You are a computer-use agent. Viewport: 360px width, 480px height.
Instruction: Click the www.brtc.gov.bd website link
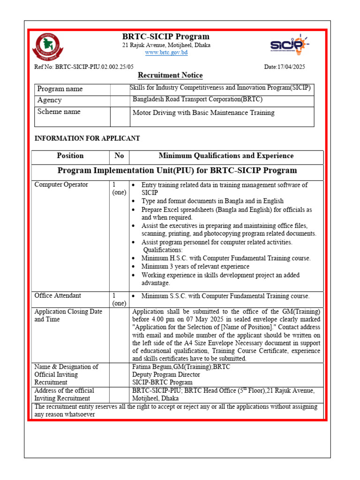[166, 53]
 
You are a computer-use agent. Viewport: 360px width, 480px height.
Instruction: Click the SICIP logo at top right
[289, 45]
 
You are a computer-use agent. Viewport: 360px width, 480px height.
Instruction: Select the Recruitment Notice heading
[170, 75]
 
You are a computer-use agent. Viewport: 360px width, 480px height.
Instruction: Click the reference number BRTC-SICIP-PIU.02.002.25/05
[84, 67]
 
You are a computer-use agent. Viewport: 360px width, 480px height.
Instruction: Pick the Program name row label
[60, 89]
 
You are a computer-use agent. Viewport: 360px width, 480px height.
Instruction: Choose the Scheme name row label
[59, 112]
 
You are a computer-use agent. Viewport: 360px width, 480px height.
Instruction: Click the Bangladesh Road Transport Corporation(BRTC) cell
[197, 99]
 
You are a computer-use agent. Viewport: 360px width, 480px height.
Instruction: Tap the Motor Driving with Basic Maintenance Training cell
[203, 113]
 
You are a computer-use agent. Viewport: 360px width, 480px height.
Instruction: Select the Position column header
[70, 156]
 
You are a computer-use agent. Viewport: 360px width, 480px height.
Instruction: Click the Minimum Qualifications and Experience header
[226, 156]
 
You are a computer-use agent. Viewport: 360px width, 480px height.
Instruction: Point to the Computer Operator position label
[61, 185]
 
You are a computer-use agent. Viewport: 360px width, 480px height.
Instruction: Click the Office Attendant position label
[58, 296]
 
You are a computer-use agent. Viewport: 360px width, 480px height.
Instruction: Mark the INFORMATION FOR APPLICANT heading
[87, 139]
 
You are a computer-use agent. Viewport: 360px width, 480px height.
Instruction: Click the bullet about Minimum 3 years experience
[195, 267]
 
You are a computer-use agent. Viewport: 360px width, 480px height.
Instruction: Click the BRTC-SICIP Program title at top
[166, 37]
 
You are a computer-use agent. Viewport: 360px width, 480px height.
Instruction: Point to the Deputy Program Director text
[166, 375]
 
